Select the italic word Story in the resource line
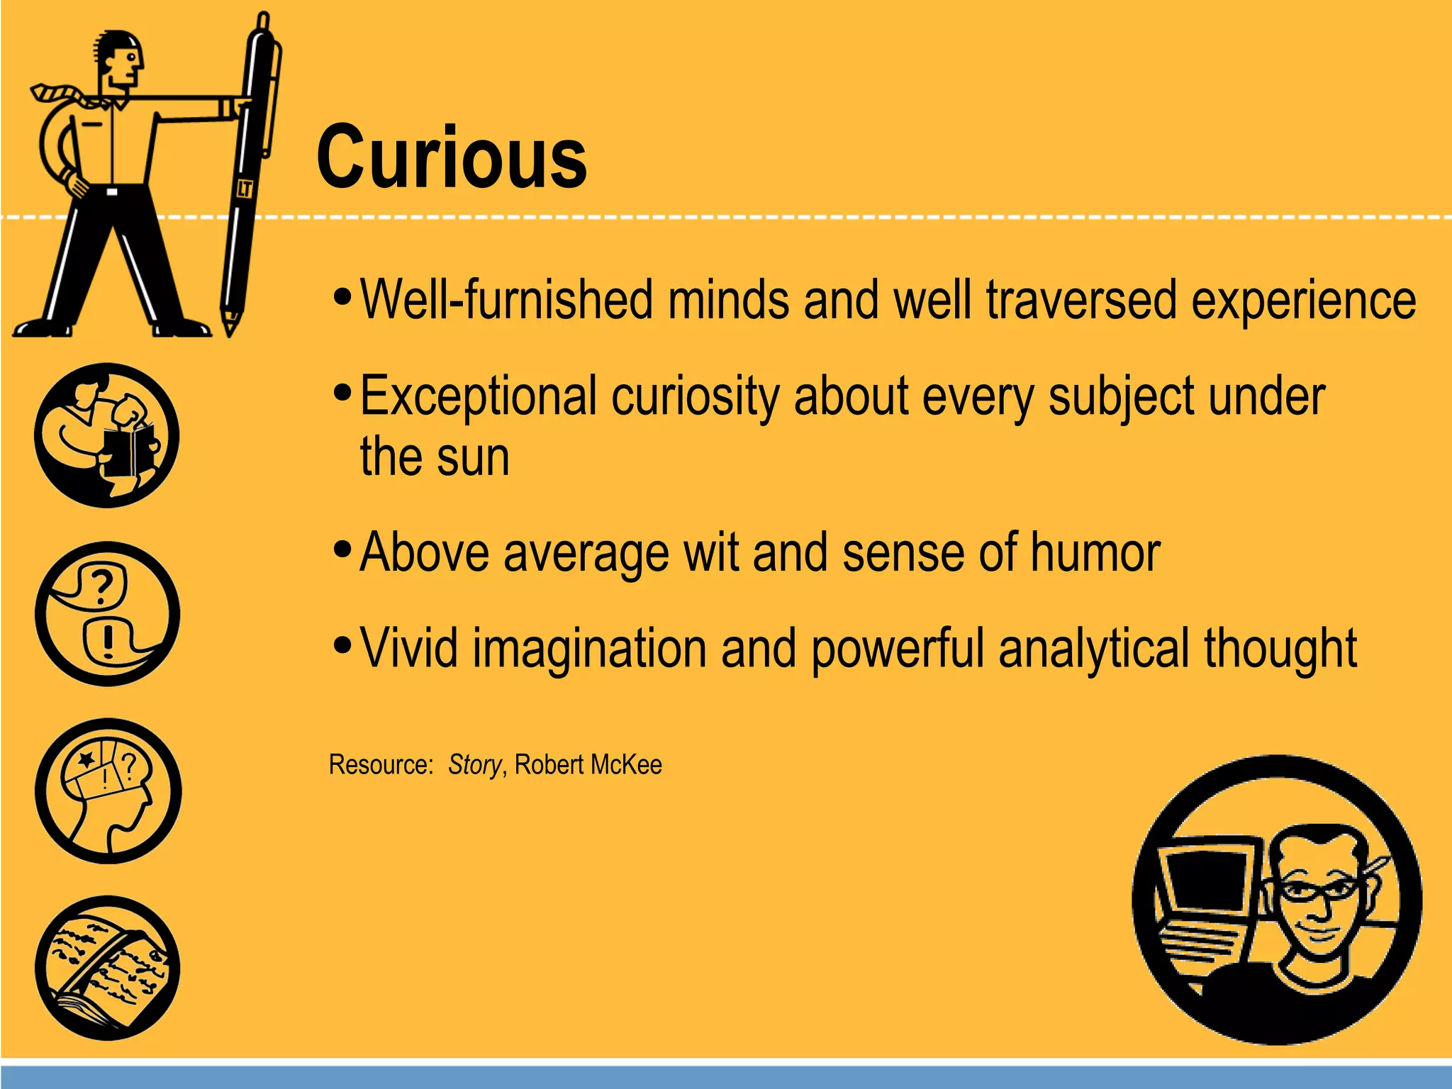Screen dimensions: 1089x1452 [x=474, y=765]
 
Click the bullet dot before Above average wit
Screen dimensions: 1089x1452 [x=342, y=548]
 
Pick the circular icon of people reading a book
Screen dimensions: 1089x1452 [x=107, y=435]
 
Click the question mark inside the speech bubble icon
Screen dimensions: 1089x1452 [x=103, y=586]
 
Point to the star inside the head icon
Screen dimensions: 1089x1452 [x=86, y=761]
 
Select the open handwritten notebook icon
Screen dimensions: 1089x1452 [x=107, y=968]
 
